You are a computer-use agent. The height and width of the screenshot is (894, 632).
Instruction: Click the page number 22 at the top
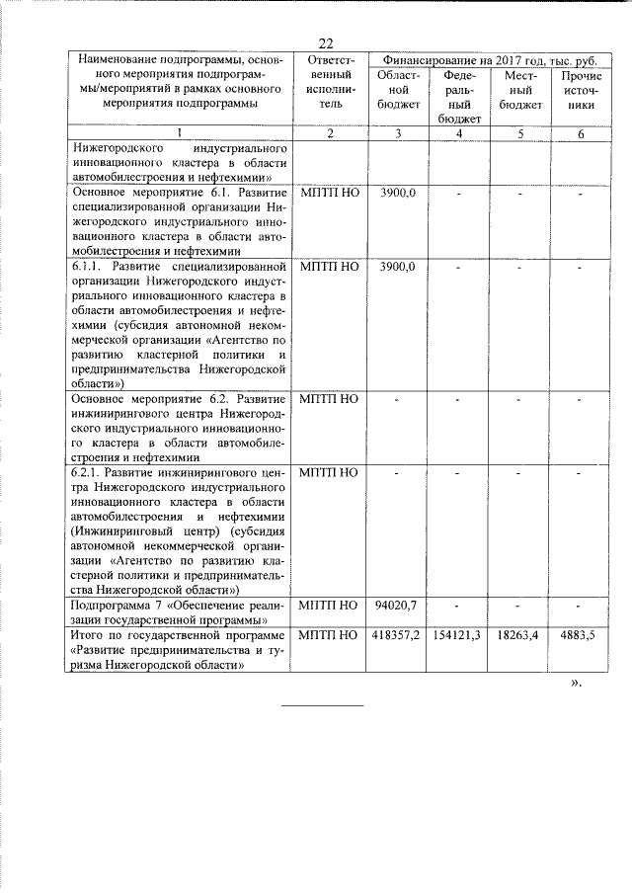pos(327,42)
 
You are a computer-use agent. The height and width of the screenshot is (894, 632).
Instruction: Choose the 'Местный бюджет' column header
pos(520,90)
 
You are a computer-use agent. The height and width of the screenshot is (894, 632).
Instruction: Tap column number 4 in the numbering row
pos(460,133)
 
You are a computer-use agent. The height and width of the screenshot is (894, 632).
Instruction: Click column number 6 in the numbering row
pos(582,133)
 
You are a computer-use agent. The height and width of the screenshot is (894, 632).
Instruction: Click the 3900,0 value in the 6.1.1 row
pos(398,267)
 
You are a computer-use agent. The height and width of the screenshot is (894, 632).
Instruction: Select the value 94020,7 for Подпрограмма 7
pos(398,604)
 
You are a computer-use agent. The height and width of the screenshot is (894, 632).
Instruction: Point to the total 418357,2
pos(398,634)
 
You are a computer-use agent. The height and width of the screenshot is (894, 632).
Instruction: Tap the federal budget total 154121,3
pos(459,634)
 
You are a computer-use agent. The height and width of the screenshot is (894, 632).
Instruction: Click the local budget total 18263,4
pos(520,634)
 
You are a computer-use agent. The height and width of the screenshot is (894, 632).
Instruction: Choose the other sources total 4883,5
pos(581,634)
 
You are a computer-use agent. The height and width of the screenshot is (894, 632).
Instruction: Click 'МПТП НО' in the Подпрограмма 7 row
pos(330,604)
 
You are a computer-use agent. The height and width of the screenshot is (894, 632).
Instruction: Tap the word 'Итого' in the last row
pos(89,634)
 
